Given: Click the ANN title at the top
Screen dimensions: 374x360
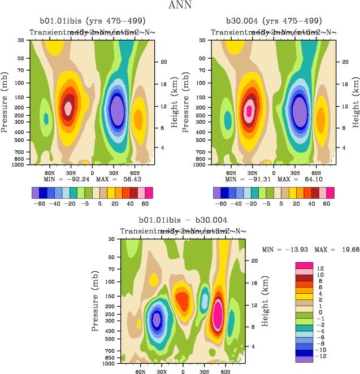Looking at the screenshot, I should [180, 6].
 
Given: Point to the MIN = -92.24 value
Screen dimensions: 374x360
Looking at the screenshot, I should [64, 179].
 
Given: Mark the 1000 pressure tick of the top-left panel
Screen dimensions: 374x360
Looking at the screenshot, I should [21, 164].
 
